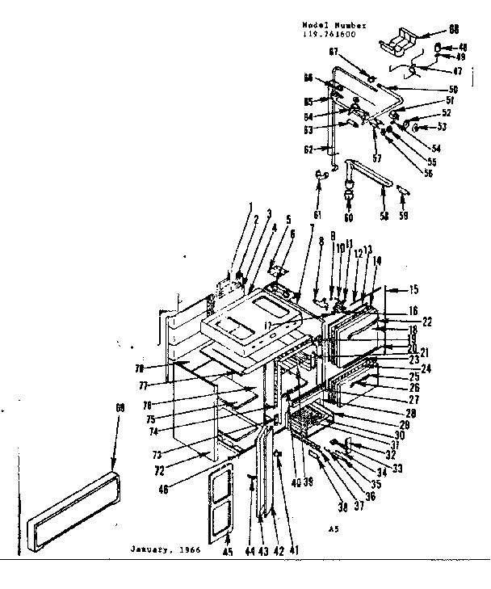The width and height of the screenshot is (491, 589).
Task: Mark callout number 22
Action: (x=427, y=322)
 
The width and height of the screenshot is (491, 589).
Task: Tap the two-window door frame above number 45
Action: (x=220, y=501)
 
